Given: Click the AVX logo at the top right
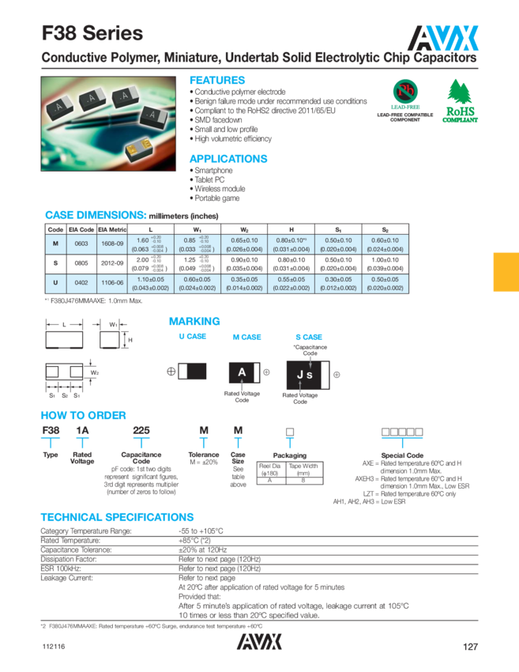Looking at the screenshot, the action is (444, 36).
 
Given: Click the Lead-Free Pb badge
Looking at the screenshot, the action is (404, 92).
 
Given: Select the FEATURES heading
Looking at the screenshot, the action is (217, 81).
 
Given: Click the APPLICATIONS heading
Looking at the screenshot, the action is (228, 159).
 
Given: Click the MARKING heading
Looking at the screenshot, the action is (194, 322).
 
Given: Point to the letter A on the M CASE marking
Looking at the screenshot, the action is (243, 372).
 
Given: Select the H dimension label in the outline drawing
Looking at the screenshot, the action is (130, 340).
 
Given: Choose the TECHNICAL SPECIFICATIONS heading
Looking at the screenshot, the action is (117, 517).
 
